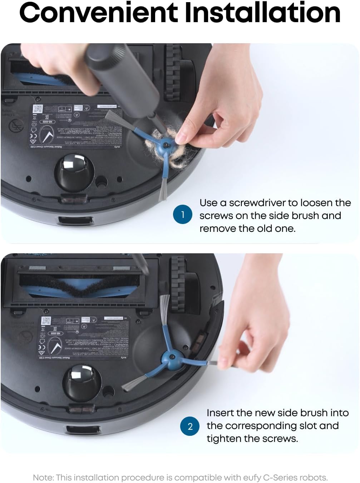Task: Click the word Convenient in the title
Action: (x=98, y=13)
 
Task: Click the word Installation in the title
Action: (x=262, y=13)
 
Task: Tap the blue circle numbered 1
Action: (x=183, y=214)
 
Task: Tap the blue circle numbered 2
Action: (x=190, y=426)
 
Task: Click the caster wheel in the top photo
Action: (x=73, y=171)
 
